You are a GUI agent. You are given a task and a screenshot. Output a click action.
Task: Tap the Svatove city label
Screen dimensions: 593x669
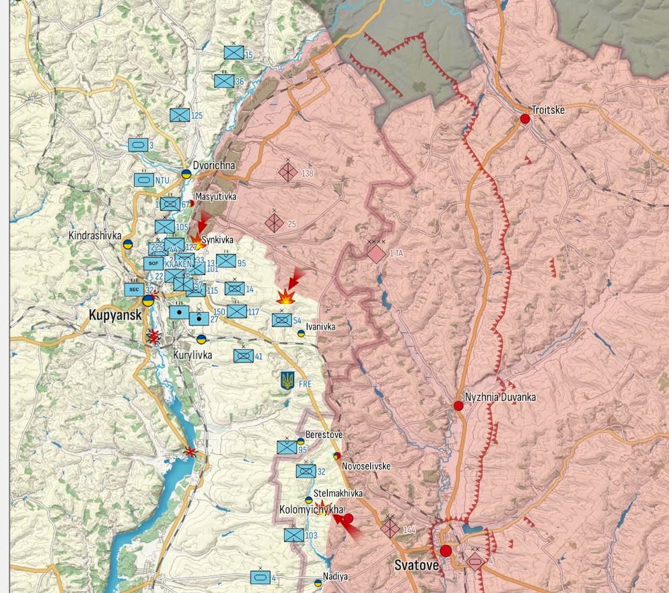(x=416, y=565)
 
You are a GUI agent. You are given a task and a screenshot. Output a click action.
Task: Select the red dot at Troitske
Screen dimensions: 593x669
(x=524, y=119)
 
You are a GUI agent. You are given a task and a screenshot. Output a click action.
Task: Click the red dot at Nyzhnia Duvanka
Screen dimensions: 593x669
(x=458, y=406)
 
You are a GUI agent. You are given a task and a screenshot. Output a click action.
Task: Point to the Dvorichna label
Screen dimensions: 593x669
(x=214, y=164)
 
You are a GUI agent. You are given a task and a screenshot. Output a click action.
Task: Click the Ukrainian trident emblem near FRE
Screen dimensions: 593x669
(x=287, y=381)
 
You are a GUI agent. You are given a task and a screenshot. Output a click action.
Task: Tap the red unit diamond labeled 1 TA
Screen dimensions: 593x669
(x=376, y=254)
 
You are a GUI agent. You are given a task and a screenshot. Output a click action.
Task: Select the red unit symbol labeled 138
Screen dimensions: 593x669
(x=288, y=173)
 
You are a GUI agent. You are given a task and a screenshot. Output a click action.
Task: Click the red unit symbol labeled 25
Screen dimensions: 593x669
(x=274, y=222)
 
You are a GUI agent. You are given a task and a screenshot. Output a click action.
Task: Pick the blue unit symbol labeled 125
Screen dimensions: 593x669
(x=180, y=115)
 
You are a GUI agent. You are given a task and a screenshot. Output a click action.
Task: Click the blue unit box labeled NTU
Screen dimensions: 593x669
(x=143, y=180)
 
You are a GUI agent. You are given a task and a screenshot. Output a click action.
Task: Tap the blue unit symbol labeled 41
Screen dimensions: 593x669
(x=243, y=356)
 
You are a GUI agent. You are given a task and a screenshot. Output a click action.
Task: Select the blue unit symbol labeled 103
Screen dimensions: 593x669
(x=293, y=535)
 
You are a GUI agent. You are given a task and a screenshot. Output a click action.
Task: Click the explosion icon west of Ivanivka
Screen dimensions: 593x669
(x=286, y=296)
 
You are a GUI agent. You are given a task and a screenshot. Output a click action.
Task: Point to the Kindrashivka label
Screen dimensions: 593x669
(x=95, y=235)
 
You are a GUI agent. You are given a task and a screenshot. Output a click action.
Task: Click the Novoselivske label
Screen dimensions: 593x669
(x=366, y=466)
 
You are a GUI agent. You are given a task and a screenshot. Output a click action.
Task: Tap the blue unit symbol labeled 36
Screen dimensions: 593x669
(x=224, y=81)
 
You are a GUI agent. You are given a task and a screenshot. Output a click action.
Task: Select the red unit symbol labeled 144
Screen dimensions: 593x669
(x=390, y=528)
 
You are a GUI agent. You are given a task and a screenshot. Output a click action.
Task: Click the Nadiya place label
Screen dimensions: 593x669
(x=335, y=577)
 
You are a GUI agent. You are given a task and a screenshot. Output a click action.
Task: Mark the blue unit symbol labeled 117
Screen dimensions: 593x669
(x=237, y=311)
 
